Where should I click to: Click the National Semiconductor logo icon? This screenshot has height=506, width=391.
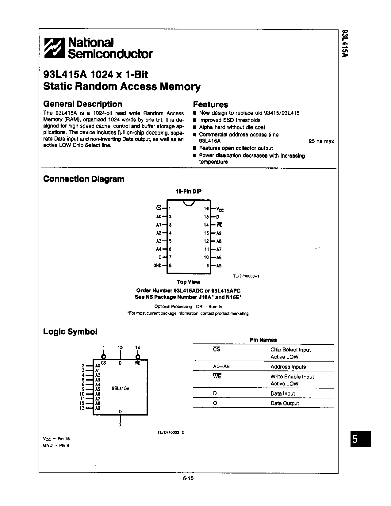point(55,48)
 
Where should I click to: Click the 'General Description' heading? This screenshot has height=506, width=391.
point(82,104)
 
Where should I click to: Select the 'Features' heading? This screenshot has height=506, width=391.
point(210,105)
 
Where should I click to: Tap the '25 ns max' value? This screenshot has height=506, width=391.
point(321,141)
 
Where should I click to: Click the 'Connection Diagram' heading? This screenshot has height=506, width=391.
point(84,179)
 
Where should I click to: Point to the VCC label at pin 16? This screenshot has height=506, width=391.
point(220,209)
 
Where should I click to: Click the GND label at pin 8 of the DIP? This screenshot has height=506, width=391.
point(157,266)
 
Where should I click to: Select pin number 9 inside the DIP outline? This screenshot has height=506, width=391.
point(208,266)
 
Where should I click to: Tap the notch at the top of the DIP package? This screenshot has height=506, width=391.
point(189,203)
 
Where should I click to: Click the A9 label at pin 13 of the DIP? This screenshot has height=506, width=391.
point(219,233)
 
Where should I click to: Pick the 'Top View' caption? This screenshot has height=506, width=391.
point(188,282)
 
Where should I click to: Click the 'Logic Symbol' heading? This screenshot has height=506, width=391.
point(70,332)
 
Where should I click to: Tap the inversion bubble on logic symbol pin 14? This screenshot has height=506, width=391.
point(138,357)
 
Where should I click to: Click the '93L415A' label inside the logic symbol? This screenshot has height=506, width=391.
point(121,388)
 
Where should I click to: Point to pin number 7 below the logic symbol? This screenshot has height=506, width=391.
point(120,425)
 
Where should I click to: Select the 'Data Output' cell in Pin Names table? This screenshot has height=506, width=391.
point(284,403)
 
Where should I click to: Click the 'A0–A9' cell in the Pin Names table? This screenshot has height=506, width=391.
point(221,366)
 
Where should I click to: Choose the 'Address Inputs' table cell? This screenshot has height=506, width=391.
point(288,367)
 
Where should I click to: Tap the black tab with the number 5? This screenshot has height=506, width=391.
point(361,439)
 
